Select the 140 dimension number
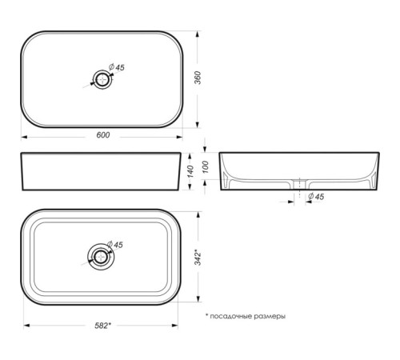click(x=190, y=171)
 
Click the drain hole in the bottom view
click(x=100, y=257)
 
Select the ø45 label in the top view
click(x=117, y=68)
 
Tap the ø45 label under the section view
click(x=315, y=196)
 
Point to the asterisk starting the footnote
click(x=206, y=316)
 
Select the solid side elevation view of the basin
click(x=100, y=171)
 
